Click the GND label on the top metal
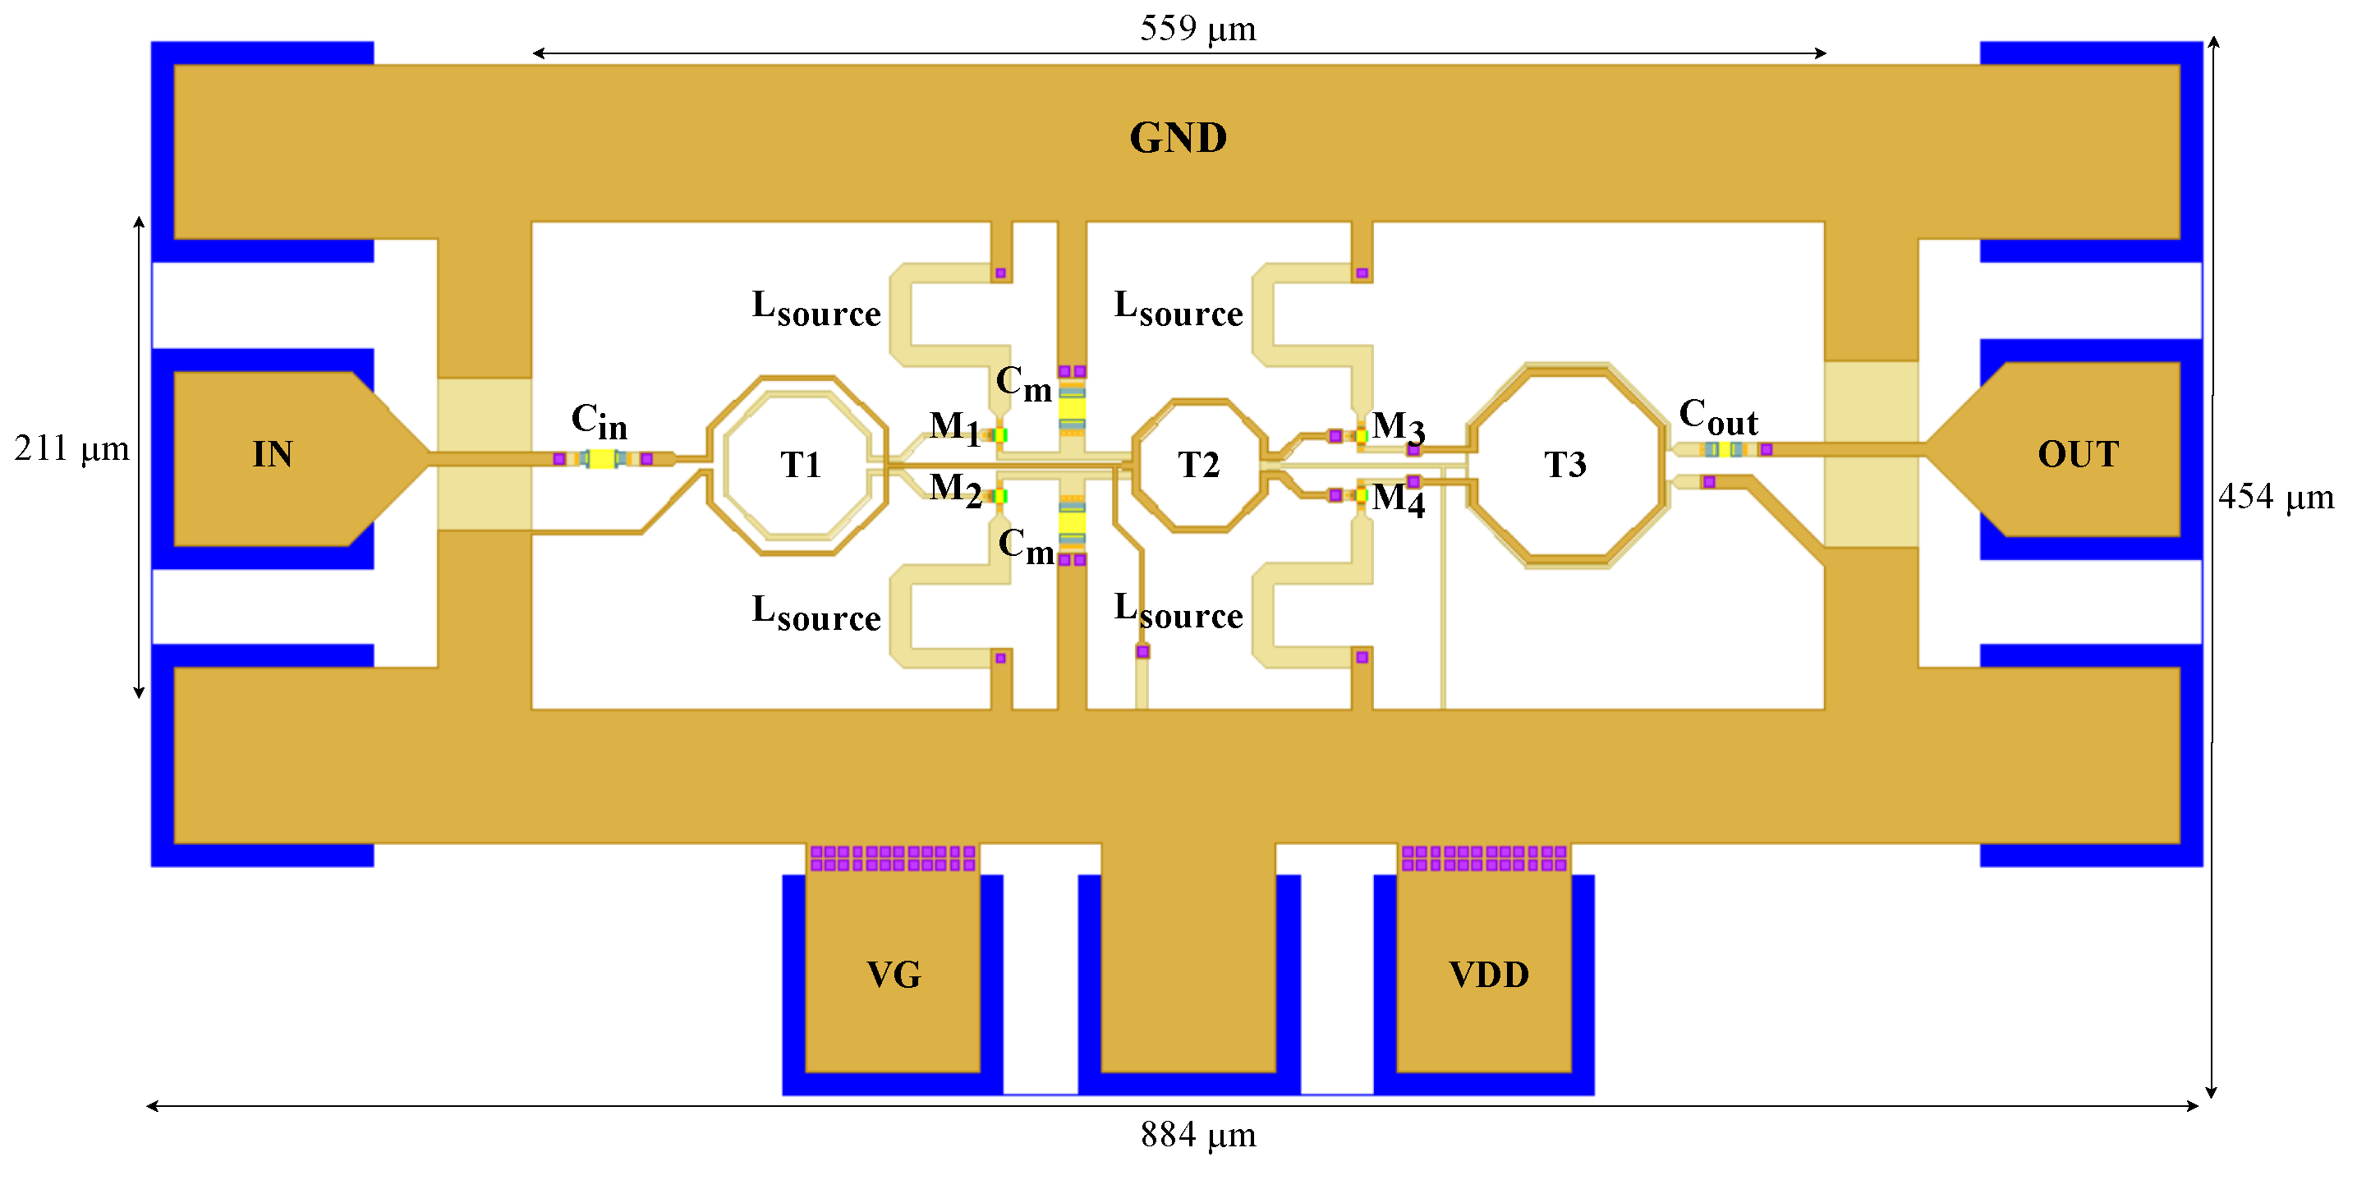pyautogui.click(x=1178, y=138)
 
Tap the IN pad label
pyautogui.click(x=273, y=455)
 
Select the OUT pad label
pyautogui.click(x=2078, y=455)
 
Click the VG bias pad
pyautogui.click(x=893, y=974)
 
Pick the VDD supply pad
pyautogui.click(x=1489, y=974)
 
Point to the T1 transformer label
pyautogui.click(x=801, y=465)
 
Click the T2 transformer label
pyautogui.click(x=1199, y=465)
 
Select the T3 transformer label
pyautogui.click(x=1565, y=465)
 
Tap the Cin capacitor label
pyautogui.click(x=600, y=420)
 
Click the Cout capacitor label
pyautogui.click(x=1718, y=417)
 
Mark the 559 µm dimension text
pyautogui.click(x=1197, y=29)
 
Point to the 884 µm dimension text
pyautogui.click(x=1197, y=1134)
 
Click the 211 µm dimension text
pyautogui.click(x=71, y=448)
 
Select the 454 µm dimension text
pyautogui.click(x=2276, y=497)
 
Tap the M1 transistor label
pyautogui.click(x=954, y=426)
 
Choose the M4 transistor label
pyautogui.click(x=1398, y=498)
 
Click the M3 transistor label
pyautogui.click(x=1398, y=426)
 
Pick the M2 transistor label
pyautogui.click(x=954, y=489)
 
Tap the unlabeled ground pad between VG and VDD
pyautogui.click(x=1188, y=970)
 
